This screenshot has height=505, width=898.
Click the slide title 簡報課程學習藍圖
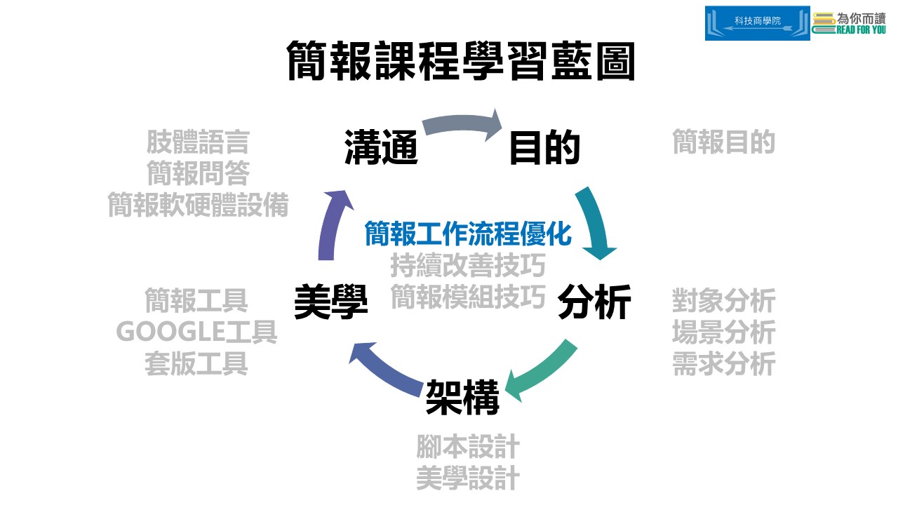coord(461,62)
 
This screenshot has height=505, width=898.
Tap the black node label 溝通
coord(381,148)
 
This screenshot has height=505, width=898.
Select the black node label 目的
coord(544,148)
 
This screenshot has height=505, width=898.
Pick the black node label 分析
coord(594,302)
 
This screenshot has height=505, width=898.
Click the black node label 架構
coord(462,397)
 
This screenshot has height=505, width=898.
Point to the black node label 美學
coord(331,302)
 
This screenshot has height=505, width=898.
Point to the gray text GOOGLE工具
coord(196,332)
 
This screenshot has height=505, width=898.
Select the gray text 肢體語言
coord(198,142)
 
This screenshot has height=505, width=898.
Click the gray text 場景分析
coord(723,332)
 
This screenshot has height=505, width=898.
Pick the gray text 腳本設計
coord(468,446)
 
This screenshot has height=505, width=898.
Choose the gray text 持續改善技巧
coord(468,266)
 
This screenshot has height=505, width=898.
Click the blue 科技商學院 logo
coord(757,23)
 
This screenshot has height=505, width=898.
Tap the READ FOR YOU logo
coord(849,23)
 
